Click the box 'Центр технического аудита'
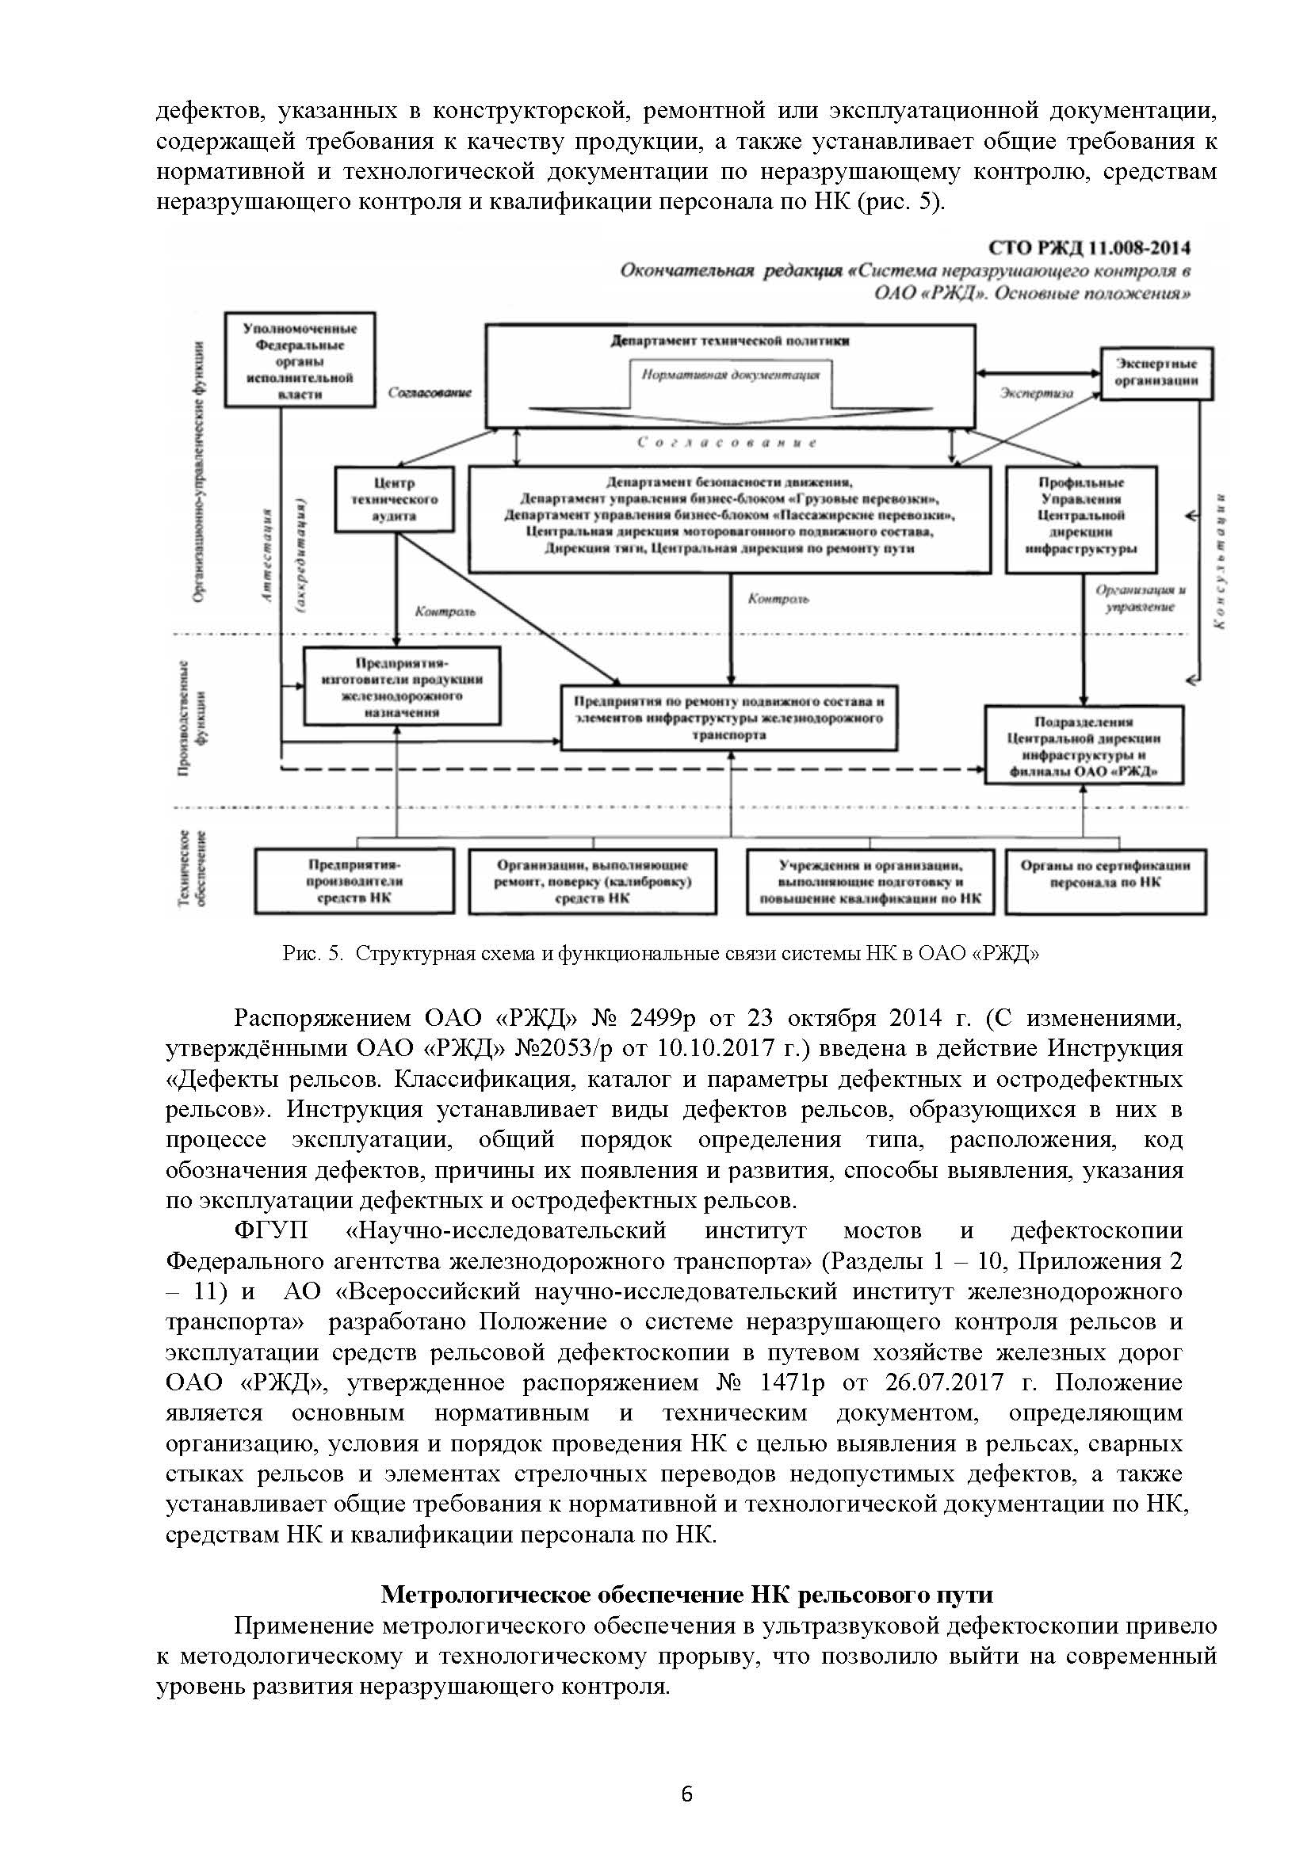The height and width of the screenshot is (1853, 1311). pyautogui.click(x=393, y=499)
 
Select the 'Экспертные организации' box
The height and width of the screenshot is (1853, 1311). pyautogui.click(x=1156, y=372)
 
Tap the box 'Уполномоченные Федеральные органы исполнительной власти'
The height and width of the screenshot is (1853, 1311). pyautogui.click(x=300, y=360)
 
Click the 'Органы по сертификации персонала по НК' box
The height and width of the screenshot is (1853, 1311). pyautogui.click(x=1105, y=880)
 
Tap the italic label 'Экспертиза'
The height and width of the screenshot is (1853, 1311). pyautogui.click(x=1037, y=394)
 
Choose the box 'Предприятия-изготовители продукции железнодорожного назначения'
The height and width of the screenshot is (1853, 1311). pyautogui.click(x=401, y=686)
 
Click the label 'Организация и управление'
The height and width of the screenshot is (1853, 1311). pyautogui.click(x=1139, y=598)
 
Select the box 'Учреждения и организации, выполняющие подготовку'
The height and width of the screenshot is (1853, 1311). pyautogui.click(x=870, y=880)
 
